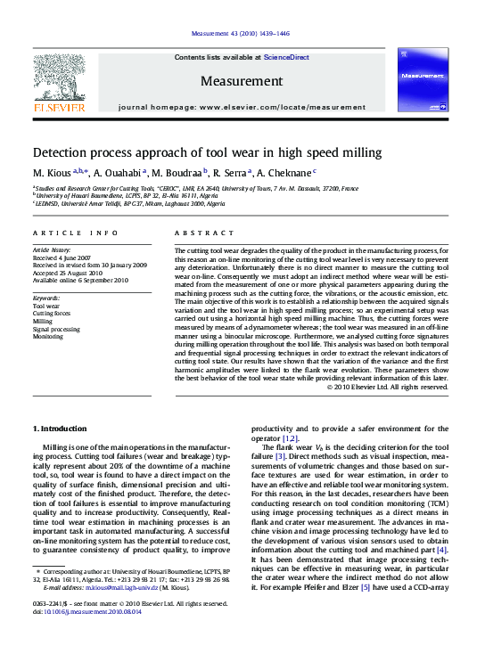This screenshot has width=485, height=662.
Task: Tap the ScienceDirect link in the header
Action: point(287,57)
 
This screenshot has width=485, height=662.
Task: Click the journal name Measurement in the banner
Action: point(241,80)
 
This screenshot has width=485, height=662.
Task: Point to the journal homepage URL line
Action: point(241,105)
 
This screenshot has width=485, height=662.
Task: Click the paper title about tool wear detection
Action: point(207,152)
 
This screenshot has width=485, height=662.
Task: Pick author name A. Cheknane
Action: point(283,172)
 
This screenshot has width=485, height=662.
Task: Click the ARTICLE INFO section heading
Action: point(75,233)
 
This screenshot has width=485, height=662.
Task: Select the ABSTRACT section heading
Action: point(197,233)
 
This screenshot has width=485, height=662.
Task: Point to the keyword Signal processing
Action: point(55,329)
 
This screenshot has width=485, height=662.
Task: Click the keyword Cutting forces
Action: point(51,314)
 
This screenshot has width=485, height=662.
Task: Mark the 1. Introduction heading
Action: point(60,429)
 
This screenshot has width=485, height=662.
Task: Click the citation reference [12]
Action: point(290,439)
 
